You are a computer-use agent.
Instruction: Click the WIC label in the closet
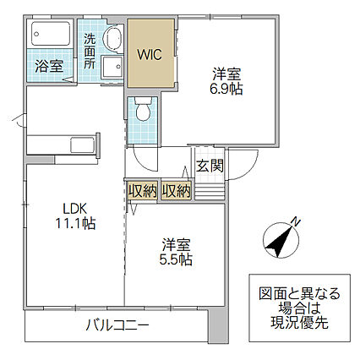(150, 55)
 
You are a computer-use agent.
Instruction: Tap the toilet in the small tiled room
(143, 109)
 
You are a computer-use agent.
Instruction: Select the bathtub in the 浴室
(51, 34)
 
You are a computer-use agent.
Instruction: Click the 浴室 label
(49, 67)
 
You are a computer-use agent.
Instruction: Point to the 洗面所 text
(90, 52)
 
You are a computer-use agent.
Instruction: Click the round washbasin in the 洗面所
(113, 39)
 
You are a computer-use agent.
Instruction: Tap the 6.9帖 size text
(226, 89)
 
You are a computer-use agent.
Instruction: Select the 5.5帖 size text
(176, 259)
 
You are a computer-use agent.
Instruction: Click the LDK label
(75, 209)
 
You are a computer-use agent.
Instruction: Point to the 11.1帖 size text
(75, 224)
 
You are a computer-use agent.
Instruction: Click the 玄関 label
(210, 166)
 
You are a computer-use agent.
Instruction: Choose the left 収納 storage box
(143, 192)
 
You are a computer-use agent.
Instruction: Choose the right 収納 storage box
(177, 192)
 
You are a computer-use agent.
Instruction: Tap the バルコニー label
(117, 326)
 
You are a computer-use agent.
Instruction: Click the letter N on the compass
(296, 222)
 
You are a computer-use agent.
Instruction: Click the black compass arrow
(280, 242)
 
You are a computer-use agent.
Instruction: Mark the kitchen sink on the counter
(82, 145)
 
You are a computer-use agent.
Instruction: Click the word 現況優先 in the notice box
(299, 323)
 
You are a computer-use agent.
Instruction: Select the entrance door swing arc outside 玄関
(251, 170)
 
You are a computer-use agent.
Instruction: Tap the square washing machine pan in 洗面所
(112, 67)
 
